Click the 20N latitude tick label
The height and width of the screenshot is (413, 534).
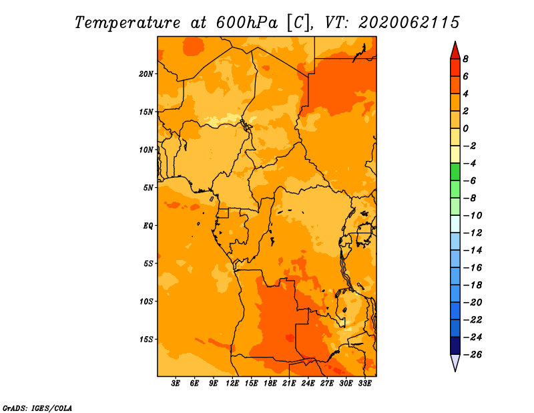click(x=146, y=74)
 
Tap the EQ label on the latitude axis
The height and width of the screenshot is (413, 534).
click(x=148, y=226)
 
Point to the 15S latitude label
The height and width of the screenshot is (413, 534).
click(x=146, y=339)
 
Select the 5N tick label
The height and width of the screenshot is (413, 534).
click(x=148, y=188)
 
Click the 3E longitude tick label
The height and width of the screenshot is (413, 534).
click(x=176, y=384)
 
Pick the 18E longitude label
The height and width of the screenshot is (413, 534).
click(x=270, y=384)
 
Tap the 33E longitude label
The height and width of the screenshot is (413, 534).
click(x=364, y=384)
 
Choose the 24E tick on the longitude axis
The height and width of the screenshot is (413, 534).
click(x=308, y=384)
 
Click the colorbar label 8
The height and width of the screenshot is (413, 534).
click(x=465, y=59)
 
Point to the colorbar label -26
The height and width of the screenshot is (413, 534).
click(x=473, y=355)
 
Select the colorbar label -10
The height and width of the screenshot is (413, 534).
click(x=473, y=216)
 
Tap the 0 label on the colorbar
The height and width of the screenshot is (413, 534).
click(x=465, y=128)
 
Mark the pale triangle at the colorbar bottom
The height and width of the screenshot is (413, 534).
click(x=455, y=362)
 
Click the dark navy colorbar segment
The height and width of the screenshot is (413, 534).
click(x=455, y=346)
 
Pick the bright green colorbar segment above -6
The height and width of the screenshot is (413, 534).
click(x=455, y=172)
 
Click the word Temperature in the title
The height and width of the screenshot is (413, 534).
click(x=127, y=23)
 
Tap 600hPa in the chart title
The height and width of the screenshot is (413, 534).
click(x=247, y=23)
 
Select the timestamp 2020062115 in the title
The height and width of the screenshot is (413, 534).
click(x=409, y=23)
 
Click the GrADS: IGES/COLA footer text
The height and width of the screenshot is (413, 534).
click(x=37, y=408)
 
